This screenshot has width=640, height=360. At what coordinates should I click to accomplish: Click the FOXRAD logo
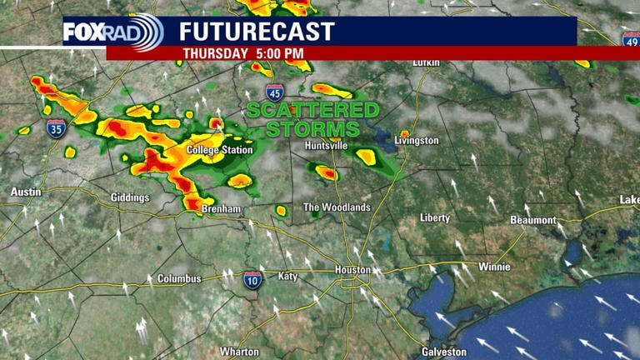tap(113, 33)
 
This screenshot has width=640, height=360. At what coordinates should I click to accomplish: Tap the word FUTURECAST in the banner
tap(257, 32)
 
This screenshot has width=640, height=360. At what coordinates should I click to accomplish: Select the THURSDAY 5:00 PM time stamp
tap(243, 53)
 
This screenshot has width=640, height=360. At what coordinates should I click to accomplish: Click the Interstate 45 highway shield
tap(273, 92)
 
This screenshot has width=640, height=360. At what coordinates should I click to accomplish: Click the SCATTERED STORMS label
tap(312, 119)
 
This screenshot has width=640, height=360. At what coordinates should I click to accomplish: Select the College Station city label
tap(219, 150)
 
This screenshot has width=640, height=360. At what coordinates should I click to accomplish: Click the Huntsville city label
tap(326, 145)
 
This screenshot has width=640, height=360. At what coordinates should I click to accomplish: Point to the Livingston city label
tap(417, 141)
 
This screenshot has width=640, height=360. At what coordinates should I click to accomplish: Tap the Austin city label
tap(25, 192)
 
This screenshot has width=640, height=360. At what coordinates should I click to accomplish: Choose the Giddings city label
tap(130, 197)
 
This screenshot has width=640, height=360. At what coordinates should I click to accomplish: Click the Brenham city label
tap(221, 208)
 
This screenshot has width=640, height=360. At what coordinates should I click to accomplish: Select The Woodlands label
tap(336, 207)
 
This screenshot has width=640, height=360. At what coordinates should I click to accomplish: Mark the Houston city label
tap(352, 270)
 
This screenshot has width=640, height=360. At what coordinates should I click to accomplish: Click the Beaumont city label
tap(533, 220)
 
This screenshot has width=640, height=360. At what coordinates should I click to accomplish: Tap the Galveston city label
tap(444, 352)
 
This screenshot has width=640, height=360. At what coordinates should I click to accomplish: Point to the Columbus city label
tap(179, 278)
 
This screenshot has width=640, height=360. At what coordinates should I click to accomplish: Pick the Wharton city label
tap(239, 352)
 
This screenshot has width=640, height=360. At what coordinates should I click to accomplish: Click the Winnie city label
tap(493, 267)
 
